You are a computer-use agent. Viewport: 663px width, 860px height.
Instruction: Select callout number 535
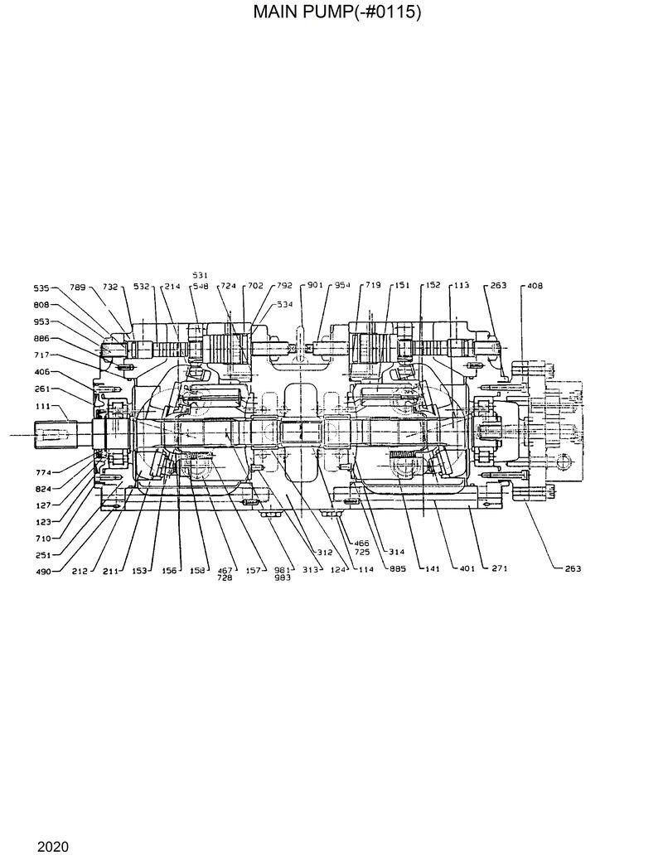click(41, 288)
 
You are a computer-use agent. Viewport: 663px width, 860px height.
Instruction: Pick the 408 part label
click(535, 285)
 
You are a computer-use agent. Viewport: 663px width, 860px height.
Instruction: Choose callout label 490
click(41, 571)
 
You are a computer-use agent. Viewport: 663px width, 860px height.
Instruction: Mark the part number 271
click(500, 568)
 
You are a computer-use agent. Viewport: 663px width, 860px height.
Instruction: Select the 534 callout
click(284, 305)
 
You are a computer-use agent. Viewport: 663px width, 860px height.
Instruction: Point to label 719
click(372, 285)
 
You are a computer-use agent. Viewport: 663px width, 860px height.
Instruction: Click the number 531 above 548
click(200, 275)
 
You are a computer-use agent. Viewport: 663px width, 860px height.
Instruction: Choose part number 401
click(466, 568)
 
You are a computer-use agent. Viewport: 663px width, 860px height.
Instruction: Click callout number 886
click(41, 339)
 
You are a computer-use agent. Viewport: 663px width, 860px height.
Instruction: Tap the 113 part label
click(461, 285)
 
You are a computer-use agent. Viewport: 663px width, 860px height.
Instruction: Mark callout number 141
click(431, 568)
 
